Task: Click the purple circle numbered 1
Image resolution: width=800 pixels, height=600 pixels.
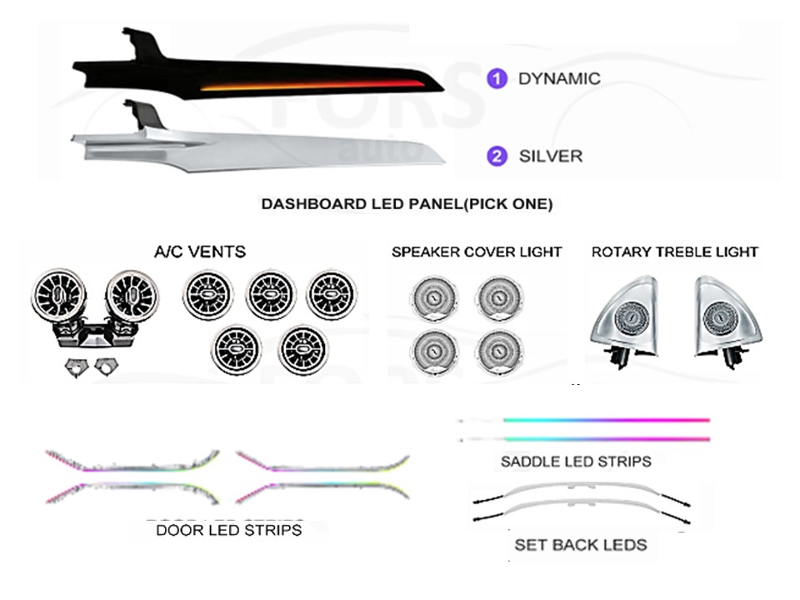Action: click(x=497, y=78)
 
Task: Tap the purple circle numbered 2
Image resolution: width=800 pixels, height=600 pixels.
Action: click(x=497, y=156)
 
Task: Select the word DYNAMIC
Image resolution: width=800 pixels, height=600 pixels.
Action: click(x=559, y=78)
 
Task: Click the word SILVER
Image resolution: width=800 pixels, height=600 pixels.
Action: click(x=551, y=156)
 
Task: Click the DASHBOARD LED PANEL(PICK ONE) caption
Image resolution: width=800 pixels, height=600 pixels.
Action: click(x=407, y=204)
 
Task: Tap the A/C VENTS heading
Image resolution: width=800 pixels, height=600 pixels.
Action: click(x=200, y=252)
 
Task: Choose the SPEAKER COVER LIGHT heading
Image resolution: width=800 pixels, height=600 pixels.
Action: click(x=477, y=252)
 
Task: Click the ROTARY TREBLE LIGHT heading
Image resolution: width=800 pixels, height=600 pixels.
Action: click(x=674, y=252)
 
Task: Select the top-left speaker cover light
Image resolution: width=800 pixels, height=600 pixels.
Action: click(x=434, y=298)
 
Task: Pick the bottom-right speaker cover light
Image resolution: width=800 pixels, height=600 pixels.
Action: click(x=499, y=352)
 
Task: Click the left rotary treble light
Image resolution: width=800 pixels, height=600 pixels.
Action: click(x=626, y=320)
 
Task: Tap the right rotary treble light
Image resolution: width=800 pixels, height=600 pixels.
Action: click(x=726, y=320)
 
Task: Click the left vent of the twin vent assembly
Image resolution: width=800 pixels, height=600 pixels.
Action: click(x=58, y=295)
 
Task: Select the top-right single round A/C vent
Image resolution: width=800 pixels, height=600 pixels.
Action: click(x=331, y=294)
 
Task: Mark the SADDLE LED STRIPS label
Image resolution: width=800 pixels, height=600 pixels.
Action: click(x=576, y=462)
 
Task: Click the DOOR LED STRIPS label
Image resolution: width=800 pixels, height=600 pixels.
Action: click(x=228, y=530)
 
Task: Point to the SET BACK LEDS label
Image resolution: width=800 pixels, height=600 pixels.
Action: click(x=581, y=545)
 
